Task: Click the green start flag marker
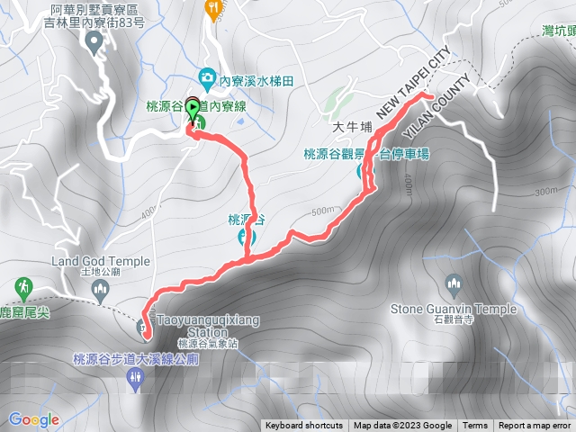pyautogui.click(x=193, y=105)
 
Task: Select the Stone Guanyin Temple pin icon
pyautogui.click(x=454, y=284)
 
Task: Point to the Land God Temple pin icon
pyautogui.click(x=100, y=289)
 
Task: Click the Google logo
pyautogui.click(x=34, y=419)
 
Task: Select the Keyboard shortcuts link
pyautogui.click(x=303, y=426)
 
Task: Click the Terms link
pyautogui.click(x=475, y=426)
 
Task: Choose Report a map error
pyautogui.click(x=535, y=426)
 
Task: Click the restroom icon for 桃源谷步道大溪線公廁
pyautogui.click(x=137, y=378)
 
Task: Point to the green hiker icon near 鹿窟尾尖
pyautogui.click(x=22, y=287)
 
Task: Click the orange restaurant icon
pyautogui.click(x=213, y=8)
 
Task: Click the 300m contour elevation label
pyautogui.click(x=545, y=191)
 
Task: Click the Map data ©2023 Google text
pyautogui.click(x=402, y=426)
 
